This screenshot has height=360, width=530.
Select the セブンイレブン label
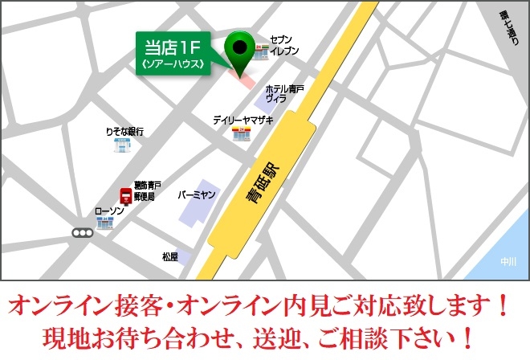coord(284,45)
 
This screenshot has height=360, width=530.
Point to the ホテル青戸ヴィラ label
coord(284,93)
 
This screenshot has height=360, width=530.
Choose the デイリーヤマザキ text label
coord(243,120)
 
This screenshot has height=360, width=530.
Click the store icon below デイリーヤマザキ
coord(241,134)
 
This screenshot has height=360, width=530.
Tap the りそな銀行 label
coord(124,131)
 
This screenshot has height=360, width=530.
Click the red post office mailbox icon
coord(125,195)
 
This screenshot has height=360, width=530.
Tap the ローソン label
coord(108,210)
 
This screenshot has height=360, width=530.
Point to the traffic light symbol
coord(82,233)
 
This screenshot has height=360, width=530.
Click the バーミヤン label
coord(196,195)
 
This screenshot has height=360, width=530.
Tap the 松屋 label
coord(169,257)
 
